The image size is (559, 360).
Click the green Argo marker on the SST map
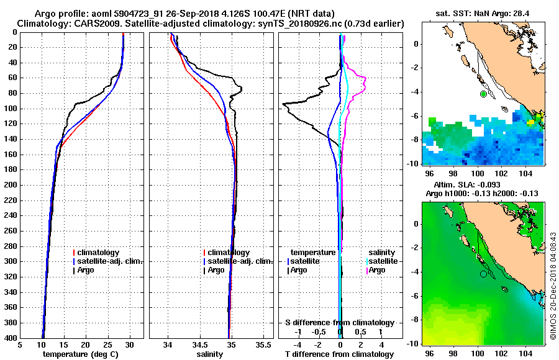point(483,94)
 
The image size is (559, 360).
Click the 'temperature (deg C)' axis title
point(81,354)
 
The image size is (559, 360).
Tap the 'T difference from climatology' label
point(340,354)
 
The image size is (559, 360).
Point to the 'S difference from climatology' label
point(340,323)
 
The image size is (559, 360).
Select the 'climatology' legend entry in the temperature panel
point(99,253)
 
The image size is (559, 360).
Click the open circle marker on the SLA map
point(483,274)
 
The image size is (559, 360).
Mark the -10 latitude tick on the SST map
point(413,163)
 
